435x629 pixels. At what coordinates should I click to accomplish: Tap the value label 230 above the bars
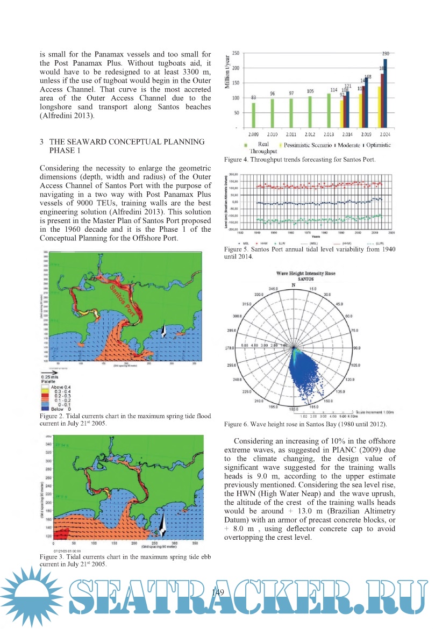point(386,54)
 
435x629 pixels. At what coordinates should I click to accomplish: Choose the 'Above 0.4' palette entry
point(56,387)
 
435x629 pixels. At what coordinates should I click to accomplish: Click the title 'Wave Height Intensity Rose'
point(306,273)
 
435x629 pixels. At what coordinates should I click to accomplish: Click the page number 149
point(217,592)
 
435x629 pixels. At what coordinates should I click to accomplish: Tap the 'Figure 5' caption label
point(237,250)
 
